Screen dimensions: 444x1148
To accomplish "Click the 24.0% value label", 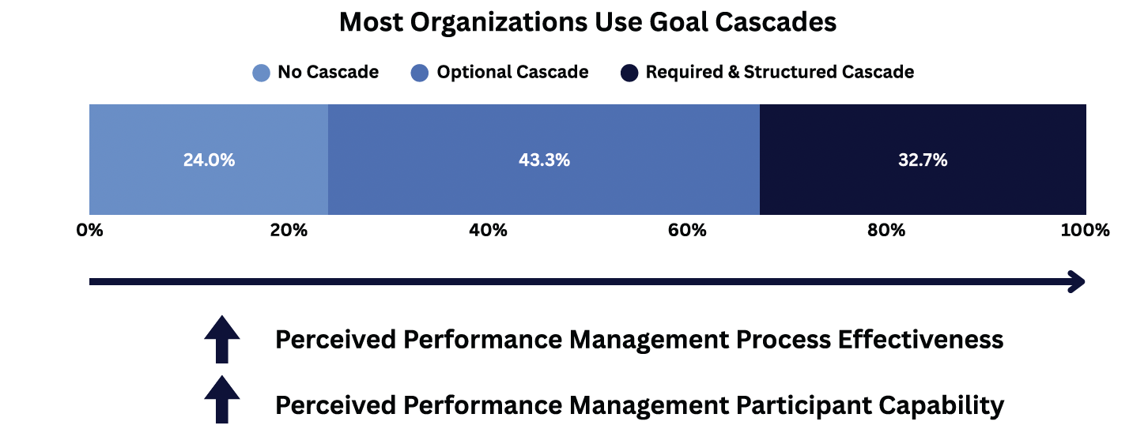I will tap(209, 160).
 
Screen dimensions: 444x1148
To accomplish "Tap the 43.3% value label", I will tap(544, 160).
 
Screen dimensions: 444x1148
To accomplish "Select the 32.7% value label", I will tap(923, 160).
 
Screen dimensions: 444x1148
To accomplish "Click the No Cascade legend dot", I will tap(262, 73).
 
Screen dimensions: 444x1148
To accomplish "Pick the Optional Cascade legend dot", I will tap(421, 73).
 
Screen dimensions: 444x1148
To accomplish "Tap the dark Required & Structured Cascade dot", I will tap(629, 73).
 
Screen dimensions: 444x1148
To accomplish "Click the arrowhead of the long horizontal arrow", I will tap(1076, 281).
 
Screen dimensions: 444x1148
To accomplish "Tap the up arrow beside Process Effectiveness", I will tap(222, 340).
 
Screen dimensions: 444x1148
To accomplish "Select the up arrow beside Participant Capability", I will tap(222, 400).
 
